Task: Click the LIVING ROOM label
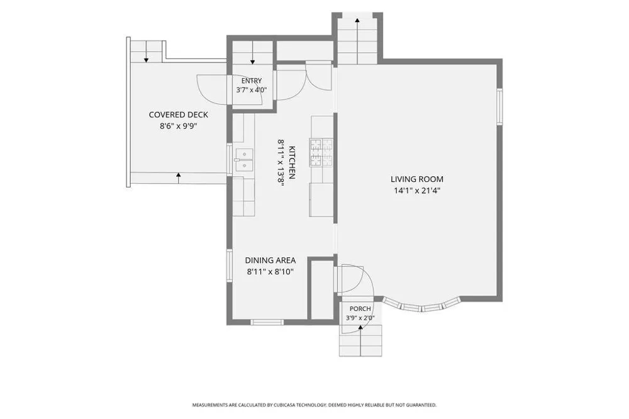tap(417, 179)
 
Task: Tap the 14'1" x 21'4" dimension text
tap(417, 191)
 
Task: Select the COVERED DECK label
tap(179, 115)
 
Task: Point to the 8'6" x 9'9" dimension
tap(179, 126)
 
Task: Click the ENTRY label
tap(252, 81)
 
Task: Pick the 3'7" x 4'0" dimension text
tap(252, 90)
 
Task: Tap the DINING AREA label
tap(270, 260)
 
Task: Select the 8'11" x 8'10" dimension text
tap(270, 272)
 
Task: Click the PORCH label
tap(360, 309)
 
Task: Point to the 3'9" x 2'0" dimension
tap(360, 318)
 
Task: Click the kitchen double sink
tap(244, 160)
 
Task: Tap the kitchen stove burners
tap(321, 152)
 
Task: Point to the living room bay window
tap(421, 305)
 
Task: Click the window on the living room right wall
tap(500, 106)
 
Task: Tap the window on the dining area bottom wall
tap(267, 322)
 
